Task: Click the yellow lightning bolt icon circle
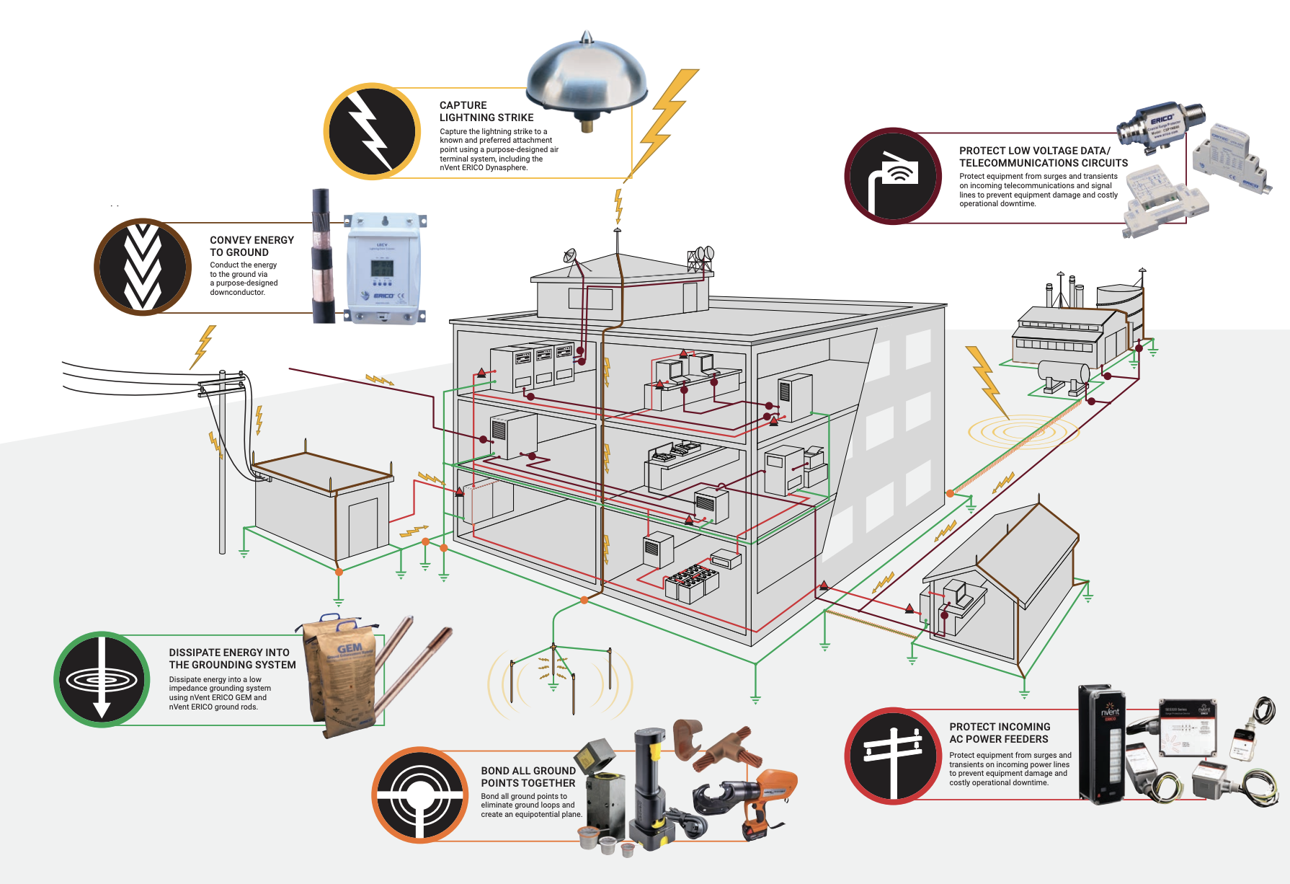pyautogui.click(x=372, y=131)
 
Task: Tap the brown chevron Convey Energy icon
pyautogui.click(x=143, y=267)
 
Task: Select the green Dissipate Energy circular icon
pyautogui.click(x=102, y=679)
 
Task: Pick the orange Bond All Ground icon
pyautogui.click(x=421, y=795)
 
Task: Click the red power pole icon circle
pyautogui.click(x=893, y=756)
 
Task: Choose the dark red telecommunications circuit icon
pyautogui.click(x=893, y=177)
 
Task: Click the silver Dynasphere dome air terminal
pyautogui.click(x=586, y=79)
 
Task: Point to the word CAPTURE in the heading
pyautogui.click(x=463, y=105)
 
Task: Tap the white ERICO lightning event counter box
pyautogui.click(x=383, y=268)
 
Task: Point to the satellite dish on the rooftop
pyautogui.click(x=571, y=256)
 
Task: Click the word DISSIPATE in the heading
pyautogui.click(x=199, y=653)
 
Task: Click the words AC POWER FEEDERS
pyautogui.click(x=999, y=739)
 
